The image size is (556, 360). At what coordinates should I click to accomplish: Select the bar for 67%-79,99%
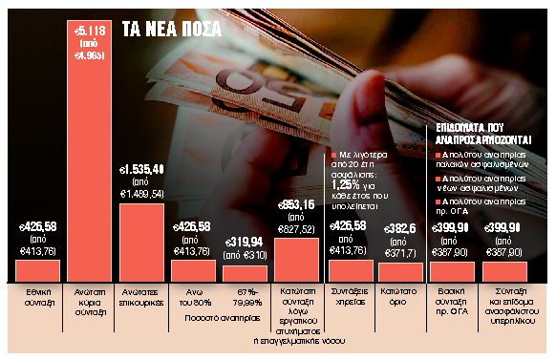click(246, 273)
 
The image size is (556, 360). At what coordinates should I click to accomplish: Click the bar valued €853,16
click(297, 259)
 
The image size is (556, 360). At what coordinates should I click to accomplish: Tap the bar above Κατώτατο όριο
click(401, 272)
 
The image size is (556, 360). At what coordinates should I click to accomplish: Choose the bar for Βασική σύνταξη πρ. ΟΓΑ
click(453, 271)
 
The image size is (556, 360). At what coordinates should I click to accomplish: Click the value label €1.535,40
click(141, 169)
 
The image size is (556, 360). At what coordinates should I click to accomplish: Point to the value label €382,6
click(401, 227)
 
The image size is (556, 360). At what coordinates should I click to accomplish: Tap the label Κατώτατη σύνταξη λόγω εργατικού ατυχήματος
click(297, 311)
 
